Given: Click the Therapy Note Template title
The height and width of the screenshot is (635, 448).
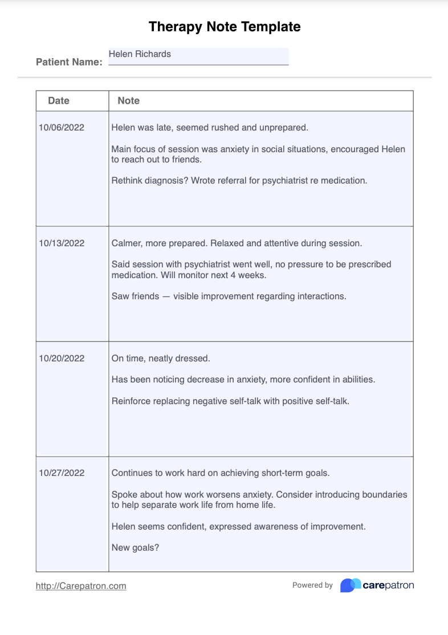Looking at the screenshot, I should [224, 26].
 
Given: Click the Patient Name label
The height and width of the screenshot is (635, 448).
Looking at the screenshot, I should [69, 62].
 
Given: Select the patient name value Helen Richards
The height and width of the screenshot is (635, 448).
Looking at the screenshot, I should [140, 54].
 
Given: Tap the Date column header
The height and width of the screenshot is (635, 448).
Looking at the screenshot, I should [59, 101].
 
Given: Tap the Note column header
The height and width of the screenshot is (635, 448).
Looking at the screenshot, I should [128, 101].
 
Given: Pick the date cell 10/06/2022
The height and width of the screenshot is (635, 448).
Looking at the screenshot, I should [62, 128].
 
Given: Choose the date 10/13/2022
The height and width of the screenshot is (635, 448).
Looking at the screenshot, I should [62, 243].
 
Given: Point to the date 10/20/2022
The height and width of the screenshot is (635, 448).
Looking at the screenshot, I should [62, 359].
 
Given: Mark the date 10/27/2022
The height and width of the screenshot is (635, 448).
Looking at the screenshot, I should [62, 473].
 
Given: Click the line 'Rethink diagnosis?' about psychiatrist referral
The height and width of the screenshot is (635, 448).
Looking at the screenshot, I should [239, 181].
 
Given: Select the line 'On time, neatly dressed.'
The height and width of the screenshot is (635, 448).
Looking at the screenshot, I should [161, 359].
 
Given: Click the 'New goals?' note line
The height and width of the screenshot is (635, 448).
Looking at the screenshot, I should [135, 548].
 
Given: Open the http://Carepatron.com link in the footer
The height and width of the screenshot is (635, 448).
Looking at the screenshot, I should [81, 586].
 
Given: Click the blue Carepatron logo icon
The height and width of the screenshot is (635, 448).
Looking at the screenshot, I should [351, 585].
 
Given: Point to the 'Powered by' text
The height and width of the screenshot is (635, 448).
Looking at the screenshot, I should [312, 585].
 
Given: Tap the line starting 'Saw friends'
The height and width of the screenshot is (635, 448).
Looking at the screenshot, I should [229, 296].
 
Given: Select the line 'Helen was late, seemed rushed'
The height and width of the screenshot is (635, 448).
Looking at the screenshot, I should [210, 128].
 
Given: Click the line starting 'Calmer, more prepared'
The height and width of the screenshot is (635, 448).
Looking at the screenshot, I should [237, 243].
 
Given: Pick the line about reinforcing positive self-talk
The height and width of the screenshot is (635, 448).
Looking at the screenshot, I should [230, 401].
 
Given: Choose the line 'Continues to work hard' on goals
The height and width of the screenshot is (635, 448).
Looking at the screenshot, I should [221, 473].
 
